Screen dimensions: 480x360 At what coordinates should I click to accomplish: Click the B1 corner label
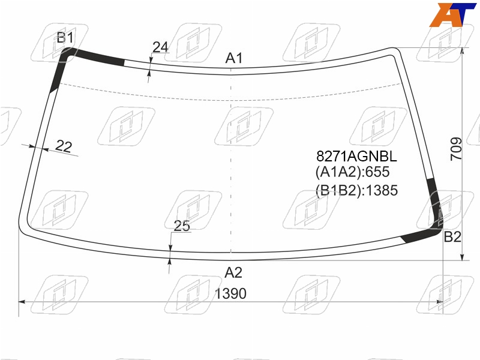pyautogui.click(x=65, y=38)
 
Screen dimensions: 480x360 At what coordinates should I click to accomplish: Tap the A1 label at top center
pyautogui.click(x=234, y=58)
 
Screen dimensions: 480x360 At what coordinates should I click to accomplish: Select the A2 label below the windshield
pyautogui.click(x=233, y=272)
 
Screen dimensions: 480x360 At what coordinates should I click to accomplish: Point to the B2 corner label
pyautogui.click(x=452, y=236)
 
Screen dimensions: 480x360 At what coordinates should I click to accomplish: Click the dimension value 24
pyautogui.click(x=160, y=47)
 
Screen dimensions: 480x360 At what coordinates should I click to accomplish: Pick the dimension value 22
pyautogui.click(x=64, y=146)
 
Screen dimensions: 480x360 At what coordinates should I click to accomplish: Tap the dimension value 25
pyautogui.click(x=182, y=226)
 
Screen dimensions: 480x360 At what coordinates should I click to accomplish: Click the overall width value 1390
pyautogui.click(x=230, y=293)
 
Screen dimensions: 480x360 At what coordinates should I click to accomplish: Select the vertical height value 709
pyautogui.click(x=456, y=149)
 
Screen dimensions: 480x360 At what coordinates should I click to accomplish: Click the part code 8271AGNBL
pyautogui.click(x=356, y=156)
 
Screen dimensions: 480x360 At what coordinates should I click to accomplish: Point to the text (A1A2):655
pyautogui.click(x=352, y=172)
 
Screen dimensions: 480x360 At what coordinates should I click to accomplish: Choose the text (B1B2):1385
pyautogui.click(x=356, y=190)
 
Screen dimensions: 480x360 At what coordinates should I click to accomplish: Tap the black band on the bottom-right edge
pyautogui.click(x=421, y=235)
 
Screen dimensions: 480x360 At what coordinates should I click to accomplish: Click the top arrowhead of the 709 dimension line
pyautogui.click(x=463, y=51)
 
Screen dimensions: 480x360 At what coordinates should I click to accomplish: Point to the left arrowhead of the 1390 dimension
pyautogui.click(x=22, y=302)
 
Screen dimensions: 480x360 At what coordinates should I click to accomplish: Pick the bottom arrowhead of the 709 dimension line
pyautogui.click(x=463, y=257)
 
